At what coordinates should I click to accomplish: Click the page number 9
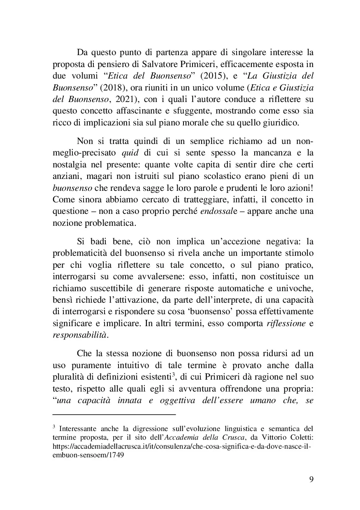pos(311,479)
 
